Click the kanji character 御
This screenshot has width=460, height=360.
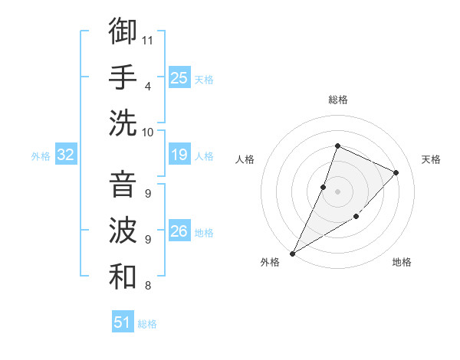123,31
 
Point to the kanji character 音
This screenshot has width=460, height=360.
123,184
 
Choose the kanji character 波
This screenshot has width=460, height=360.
123,230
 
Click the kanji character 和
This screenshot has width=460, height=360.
123,276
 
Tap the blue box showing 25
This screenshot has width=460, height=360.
179,77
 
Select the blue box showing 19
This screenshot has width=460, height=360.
179,155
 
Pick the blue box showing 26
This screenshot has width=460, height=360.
179,231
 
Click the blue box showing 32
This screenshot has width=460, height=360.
65,155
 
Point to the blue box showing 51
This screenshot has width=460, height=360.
123,322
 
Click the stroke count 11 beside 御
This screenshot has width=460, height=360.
148,40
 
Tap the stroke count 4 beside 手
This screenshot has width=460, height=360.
147,86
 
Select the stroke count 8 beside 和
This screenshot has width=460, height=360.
147,286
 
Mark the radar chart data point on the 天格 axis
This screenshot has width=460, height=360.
396,172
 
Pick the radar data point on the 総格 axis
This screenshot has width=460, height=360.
337,146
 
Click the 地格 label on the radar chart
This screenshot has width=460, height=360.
402,262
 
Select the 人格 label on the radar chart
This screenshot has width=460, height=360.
245,159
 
